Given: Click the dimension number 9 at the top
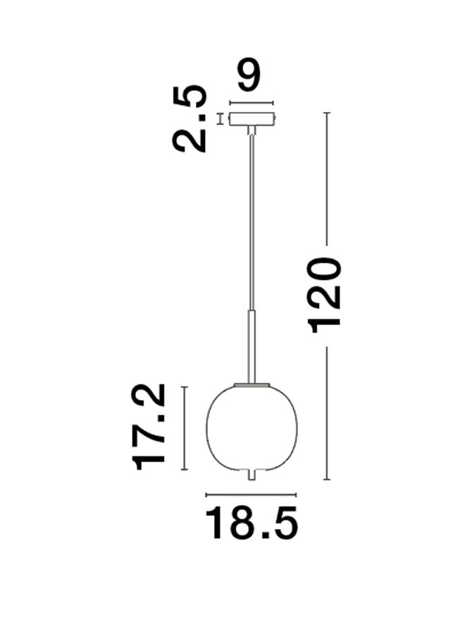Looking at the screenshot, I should tap(249, 77).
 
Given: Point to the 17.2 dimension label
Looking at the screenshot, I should tap(151, 427).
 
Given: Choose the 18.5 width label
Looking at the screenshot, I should tap(252, 525).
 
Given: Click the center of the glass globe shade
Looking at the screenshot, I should tap(252, 427).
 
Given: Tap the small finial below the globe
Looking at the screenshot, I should tap(252, 477).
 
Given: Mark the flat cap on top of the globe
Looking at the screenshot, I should tap(252, 384).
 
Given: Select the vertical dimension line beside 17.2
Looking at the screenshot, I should tap(184, 428).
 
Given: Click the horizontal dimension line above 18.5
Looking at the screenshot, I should tap(252, 494).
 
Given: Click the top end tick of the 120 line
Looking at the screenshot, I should tap(326, 113).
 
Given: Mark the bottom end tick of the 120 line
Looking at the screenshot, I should tap(326, 480).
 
